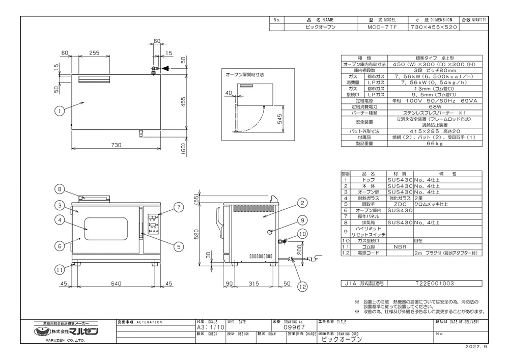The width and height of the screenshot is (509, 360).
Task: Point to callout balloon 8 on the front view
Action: pos(60,189)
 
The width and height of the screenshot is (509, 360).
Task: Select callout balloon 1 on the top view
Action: pos(60,110)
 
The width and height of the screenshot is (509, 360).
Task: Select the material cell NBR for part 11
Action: pos(400,245)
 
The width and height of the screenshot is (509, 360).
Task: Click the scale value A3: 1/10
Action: pos(207,329)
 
